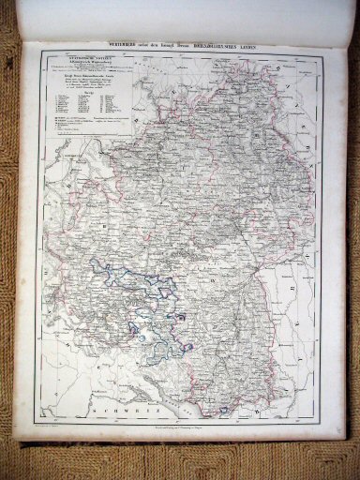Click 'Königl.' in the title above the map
tap(191, 46)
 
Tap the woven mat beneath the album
tap(178, 463)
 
